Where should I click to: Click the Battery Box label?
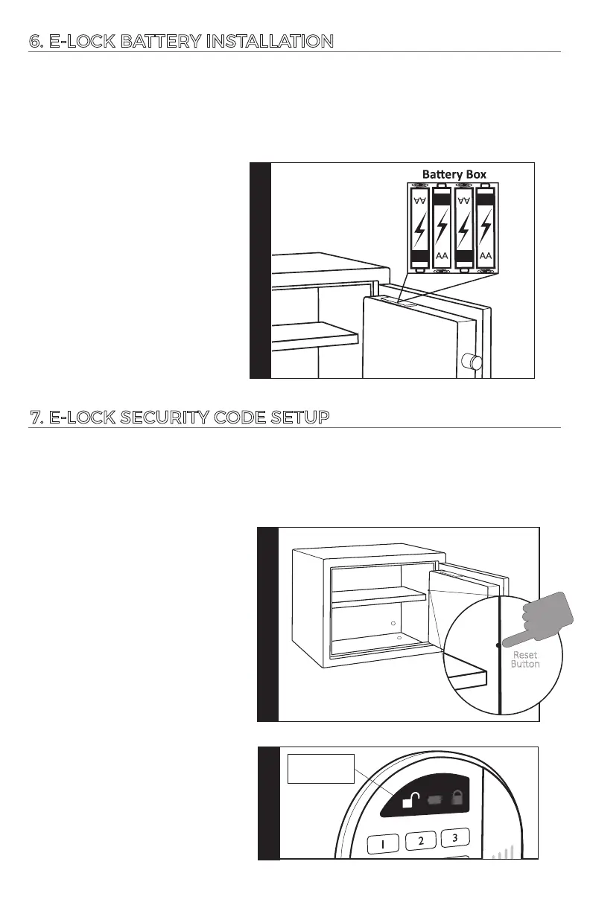tap(454, 174)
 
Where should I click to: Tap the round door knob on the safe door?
tap(473, 363)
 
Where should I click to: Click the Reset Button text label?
tap(525, 659)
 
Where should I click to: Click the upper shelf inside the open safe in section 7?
tap(378, 595)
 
